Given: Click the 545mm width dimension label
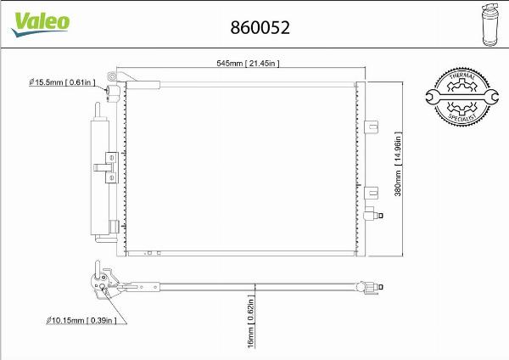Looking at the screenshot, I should (243, 63).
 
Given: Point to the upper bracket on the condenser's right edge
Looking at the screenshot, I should (371, 127).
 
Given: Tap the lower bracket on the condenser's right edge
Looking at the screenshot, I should (371, 194).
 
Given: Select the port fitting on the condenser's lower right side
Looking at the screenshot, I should (368, 214).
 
